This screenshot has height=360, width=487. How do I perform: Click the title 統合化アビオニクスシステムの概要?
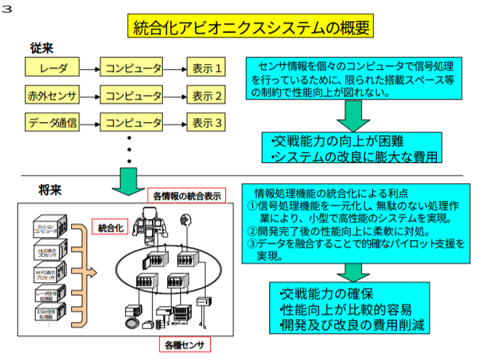pos(251,28)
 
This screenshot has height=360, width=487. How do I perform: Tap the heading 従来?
pos(41,47)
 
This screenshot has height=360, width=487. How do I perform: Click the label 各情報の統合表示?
pos(187,195)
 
